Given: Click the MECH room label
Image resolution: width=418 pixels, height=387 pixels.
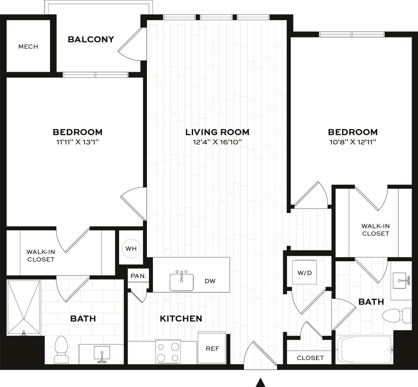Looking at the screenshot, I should tap(28, 46).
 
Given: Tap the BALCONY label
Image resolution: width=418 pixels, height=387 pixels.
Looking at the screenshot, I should tap(91, 39).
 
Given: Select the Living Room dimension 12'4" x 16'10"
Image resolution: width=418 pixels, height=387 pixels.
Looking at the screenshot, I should tap(217, 142).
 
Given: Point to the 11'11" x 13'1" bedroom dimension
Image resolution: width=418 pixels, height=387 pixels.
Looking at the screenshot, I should tap(77, 142).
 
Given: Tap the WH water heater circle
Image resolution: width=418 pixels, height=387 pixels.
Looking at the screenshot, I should tap(131, 249).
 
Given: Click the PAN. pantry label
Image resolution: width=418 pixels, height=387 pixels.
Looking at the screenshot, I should tap(138, 276).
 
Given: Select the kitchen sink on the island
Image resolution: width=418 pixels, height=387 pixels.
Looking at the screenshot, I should tap(182, 281).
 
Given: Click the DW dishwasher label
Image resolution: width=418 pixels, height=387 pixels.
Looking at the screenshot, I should tap(210, 281).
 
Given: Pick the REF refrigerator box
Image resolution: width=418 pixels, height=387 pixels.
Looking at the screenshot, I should tap(212, 348).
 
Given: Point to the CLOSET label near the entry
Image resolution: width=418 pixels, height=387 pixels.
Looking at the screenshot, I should tap(310, 358).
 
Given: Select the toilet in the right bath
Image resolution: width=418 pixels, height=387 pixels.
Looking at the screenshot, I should tap(396, 315).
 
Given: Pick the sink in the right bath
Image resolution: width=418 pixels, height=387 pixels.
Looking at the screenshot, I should tap(402, 279).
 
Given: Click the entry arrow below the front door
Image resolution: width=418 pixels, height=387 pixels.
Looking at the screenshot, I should tap(261, 381).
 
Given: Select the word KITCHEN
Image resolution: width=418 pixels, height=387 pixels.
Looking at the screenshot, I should tap(181, 318).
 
